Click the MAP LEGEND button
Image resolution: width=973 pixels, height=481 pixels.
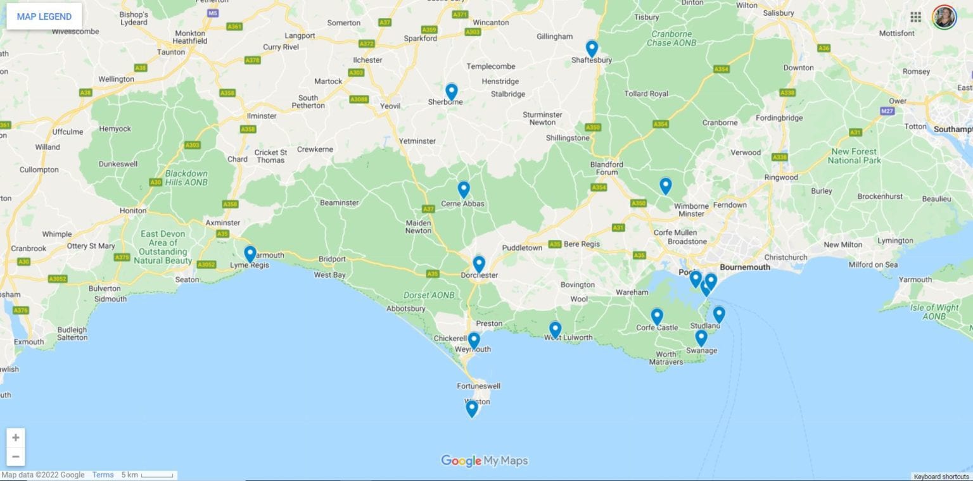coord(44,16)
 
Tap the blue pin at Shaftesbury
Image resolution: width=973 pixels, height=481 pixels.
coord(592,48)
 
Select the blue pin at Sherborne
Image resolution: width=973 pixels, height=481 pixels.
coord(451,92)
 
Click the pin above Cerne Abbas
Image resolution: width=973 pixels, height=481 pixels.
coord(464,189)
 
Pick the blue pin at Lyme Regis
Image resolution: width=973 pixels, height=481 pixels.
coord(250,254)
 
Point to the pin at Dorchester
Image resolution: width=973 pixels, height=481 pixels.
coord(479,264)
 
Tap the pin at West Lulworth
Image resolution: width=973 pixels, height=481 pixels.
coord(555,329)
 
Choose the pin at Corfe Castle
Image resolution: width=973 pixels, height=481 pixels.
coord(657,316)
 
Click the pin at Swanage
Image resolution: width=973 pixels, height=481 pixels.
coord(701,338)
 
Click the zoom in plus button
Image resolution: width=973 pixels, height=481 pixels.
coord(16,437)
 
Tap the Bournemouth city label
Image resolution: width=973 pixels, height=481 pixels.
coord(745,267)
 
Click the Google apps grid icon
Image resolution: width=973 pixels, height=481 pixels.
coord(915,17)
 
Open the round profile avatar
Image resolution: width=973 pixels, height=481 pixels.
coord(944,17)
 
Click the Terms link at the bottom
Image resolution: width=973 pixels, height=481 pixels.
coord(103,475)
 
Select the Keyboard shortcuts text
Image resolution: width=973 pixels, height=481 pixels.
coord(941,477)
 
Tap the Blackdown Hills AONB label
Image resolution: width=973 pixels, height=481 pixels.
coord(186,177)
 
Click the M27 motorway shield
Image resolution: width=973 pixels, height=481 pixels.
coord(888,111)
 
